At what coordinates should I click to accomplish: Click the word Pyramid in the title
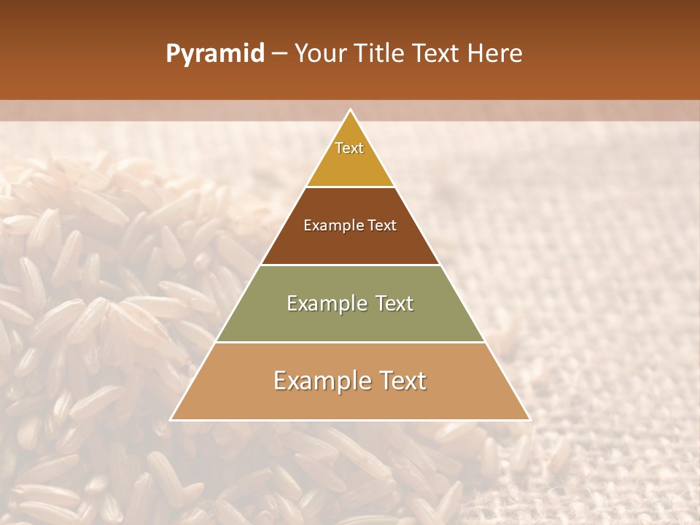pyautogui.click(x=215, y=54)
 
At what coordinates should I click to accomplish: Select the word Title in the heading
pyautogui.click(x=381, y=54)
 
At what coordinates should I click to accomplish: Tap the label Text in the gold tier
pyautogui.click(x=349, y=148)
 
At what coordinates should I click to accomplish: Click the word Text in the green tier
pyautogui.click(x=394, y=303)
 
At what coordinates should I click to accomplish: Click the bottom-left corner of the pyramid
pyautogui.click(x=171, y=420)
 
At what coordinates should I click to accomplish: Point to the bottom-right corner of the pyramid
pyautogui.click(x=530, y=420)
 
